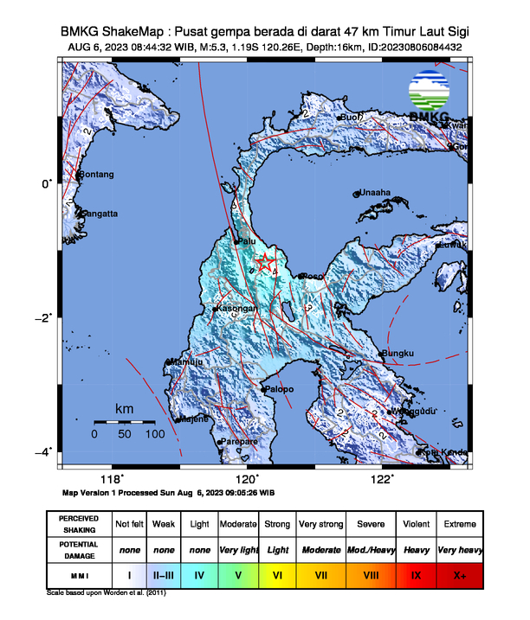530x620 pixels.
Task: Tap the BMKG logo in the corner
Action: [430, 98]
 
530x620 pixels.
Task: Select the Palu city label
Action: [247, 241]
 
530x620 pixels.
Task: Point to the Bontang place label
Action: [96, 175]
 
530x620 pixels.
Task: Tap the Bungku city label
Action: [398, 353]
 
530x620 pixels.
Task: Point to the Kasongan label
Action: [236, 309]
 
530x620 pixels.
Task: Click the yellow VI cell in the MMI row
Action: [277, 573]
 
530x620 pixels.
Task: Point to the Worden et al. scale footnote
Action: [106, 593]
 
